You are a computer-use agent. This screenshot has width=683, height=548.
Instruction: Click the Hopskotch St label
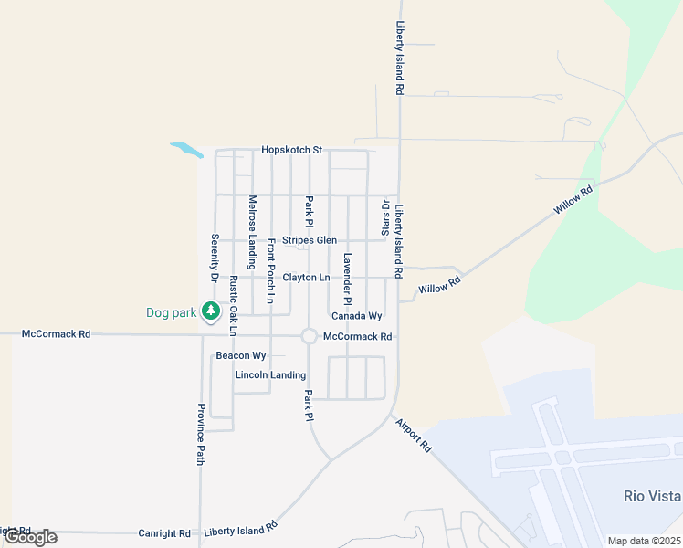tap(292, 150)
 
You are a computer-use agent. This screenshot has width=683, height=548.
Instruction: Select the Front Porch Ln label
tap(270, 271)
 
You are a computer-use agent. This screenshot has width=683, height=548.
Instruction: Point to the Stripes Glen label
tap(310, 240)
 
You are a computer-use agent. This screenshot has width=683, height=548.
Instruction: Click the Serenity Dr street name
tap(215, 257)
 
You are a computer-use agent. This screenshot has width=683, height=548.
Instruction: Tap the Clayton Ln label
tap(306, 277)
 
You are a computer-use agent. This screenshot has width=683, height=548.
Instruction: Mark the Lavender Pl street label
tap(347, 279)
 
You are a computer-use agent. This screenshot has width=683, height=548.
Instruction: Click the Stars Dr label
tap(385, 217)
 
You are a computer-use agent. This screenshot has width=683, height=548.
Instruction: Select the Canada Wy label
tap(356, 316)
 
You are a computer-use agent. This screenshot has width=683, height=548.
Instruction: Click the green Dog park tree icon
tap(211, 312)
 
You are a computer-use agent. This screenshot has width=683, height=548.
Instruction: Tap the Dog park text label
tap(172, 312)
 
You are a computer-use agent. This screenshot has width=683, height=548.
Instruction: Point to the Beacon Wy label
tap(240, 355)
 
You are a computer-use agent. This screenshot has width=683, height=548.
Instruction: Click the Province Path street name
tap(200, 435)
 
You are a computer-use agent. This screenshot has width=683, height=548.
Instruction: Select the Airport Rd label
tap(413, 434)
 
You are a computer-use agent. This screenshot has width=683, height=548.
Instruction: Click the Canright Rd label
tap(164, 533)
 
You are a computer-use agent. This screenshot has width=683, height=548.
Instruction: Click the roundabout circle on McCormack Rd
tap(310, 337)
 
